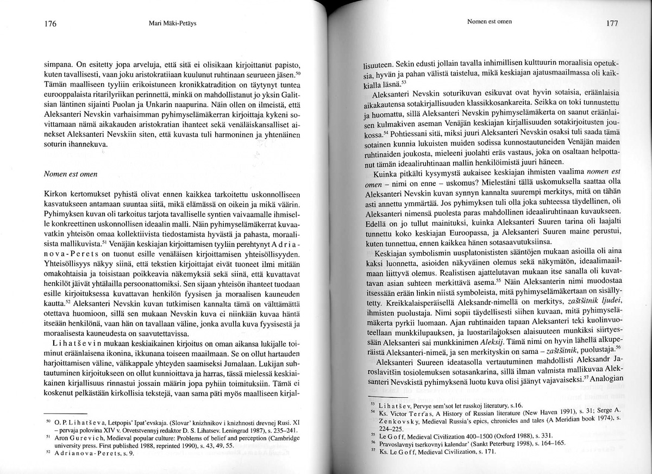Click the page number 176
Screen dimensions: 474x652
51,24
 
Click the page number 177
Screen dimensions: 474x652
611,24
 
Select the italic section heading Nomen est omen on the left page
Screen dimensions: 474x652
71,174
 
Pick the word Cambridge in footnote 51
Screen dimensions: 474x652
281,437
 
